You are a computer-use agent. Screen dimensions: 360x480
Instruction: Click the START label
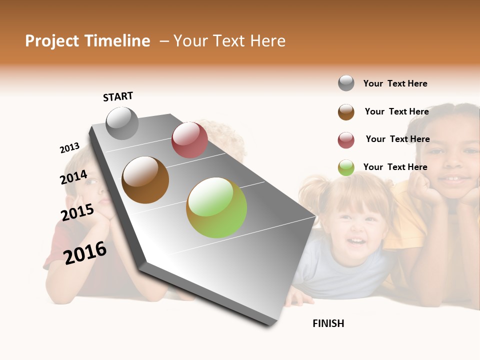click(118, 96)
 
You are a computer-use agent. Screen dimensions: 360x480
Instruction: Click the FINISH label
click(328, 323)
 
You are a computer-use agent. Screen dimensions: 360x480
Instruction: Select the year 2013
click(70, 148)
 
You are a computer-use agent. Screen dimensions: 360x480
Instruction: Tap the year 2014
click(74, 177)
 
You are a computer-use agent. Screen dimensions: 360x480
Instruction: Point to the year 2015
click(77, 212)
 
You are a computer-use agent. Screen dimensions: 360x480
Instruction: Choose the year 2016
click(85, 252)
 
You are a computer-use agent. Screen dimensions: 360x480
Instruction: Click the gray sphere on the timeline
click(122, 123)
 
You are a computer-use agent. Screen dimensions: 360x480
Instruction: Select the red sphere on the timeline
click(189, 140)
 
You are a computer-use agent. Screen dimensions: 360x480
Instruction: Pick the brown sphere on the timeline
click(145, 180)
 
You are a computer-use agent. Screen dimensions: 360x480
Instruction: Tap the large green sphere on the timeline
click(216, 207)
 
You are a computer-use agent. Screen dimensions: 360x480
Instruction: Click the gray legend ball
click(346, 83)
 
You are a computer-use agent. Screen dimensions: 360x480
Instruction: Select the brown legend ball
click(346, 112)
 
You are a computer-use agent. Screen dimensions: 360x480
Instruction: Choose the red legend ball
click(346, 140)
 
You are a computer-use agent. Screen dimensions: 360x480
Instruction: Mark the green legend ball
click(346, 167)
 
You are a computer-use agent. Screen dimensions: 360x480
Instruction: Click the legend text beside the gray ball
click(395, 83)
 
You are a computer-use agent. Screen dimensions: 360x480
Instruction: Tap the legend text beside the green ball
click(395, 167)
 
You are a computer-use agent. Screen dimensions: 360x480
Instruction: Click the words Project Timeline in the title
click(87, 41)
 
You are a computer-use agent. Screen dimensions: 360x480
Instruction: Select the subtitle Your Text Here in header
click(229, 41)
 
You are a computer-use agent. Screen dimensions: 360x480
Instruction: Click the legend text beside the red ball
click(397, 139)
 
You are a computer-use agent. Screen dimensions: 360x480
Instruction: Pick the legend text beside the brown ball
click(396, 111)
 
